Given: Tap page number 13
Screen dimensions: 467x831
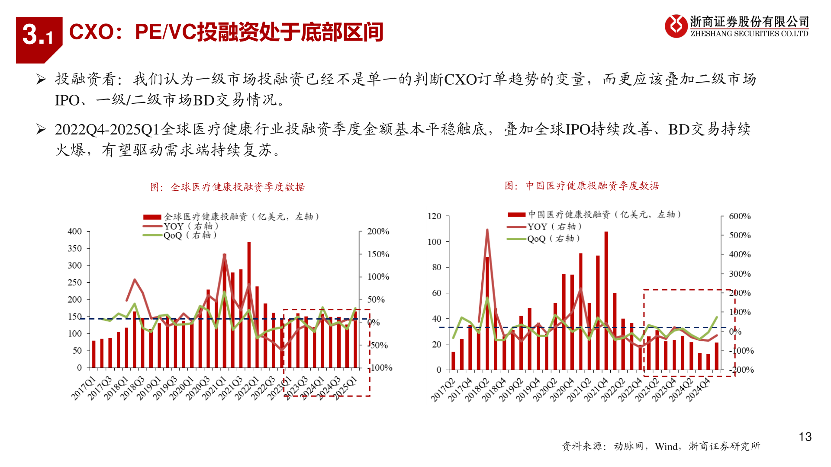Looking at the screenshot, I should pyautogui.click(x=805, y=437).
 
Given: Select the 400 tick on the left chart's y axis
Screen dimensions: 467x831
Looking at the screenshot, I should pyautogui.click(x=74, y=231).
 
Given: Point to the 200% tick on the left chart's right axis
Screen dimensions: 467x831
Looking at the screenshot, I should pyautogui.click(x=378, y=231).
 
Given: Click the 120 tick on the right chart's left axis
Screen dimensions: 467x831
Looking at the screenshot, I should pyautogui.click(x=434, y=216).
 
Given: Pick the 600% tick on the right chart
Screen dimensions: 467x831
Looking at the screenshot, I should pyautogui.click(x=739, y=216).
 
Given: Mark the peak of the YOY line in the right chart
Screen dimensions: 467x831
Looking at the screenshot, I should pyautogui.click(x=487, y=230).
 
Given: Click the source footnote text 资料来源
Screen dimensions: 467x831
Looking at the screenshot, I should pyautogui.click(x=583, y=446).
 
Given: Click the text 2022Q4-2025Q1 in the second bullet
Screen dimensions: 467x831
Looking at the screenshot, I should pyautogui.click(x=107, y=129).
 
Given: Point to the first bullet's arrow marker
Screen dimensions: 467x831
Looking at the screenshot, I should pyautogui.click(x=41, y=79).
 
